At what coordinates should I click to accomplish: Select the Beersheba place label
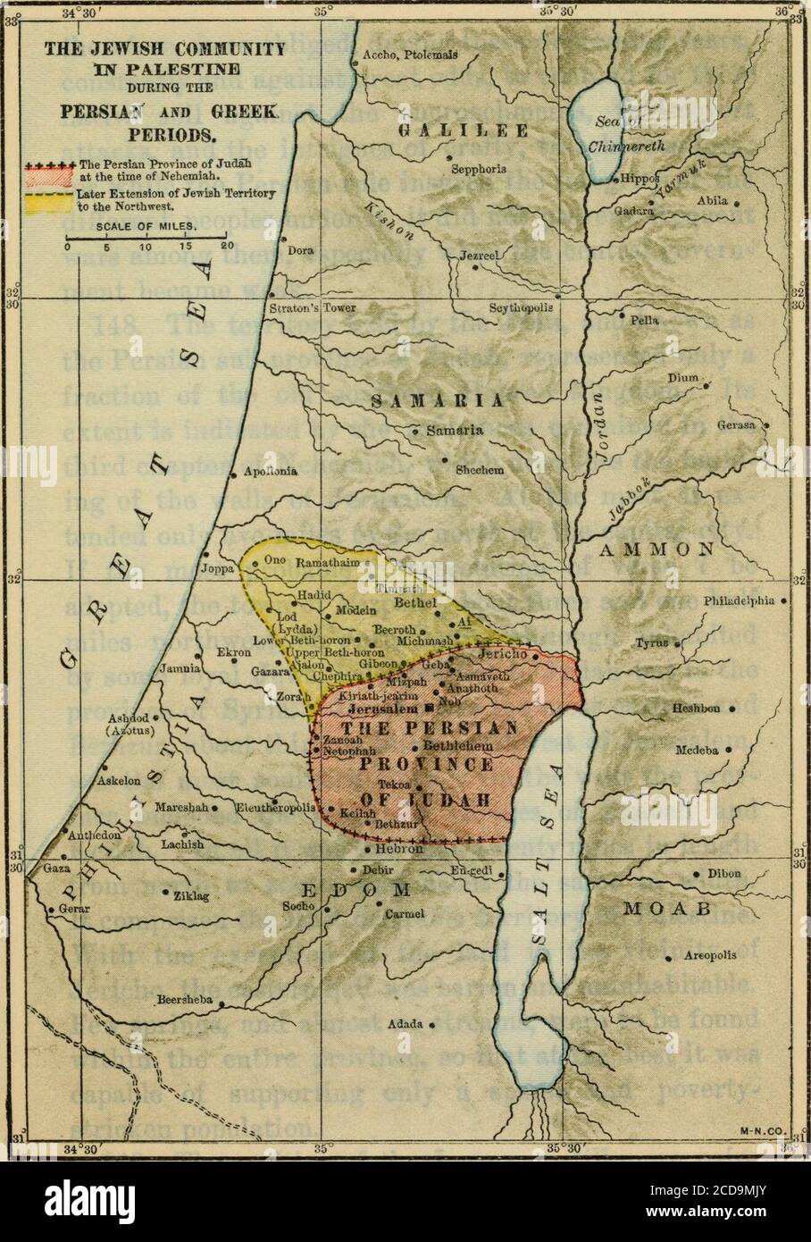point(185,1001)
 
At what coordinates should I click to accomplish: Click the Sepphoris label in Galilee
point(479,167)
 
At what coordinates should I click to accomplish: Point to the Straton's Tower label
point(312,308)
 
